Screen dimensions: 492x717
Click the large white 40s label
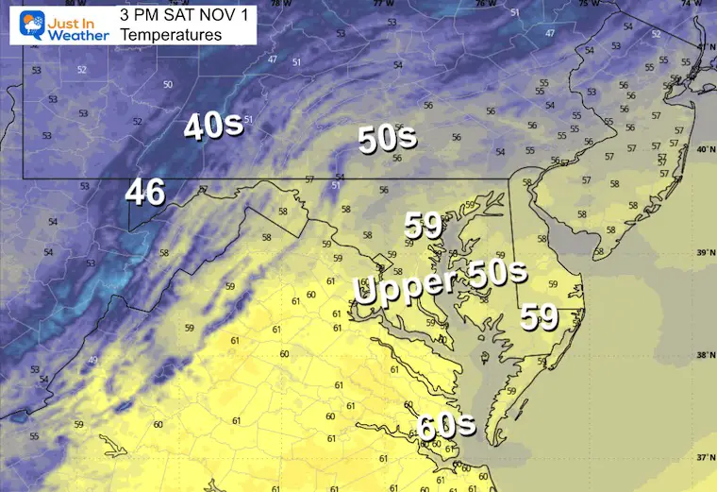tap(213, 127)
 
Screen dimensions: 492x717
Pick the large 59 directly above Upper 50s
tap(425, 226)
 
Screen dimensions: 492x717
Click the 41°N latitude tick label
tap(703, 46)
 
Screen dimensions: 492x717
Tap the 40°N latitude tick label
tap(703, 150)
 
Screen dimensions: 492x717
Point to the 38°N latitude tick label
tap(703, 355)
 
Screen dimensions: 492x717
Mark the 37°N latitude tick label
tap(703, 457)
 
